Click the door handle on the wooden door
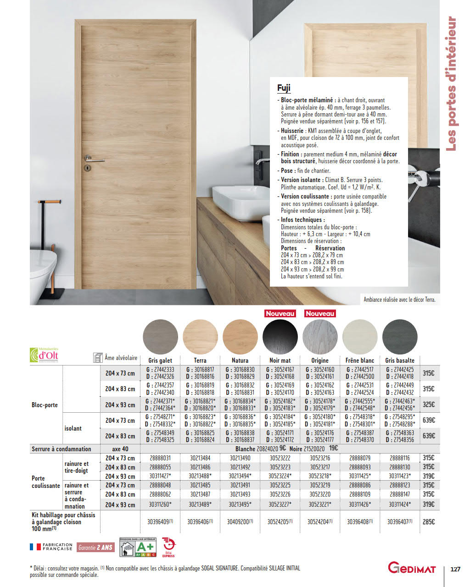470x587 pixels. tap(94, 160)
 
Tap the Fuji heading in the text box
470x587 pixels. tap(284, 88)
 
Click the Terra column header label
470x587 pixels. tap(200, 360)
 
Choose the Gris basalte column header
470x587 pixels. tap(400, 360)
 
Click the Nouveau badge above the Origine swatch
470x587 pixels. tap(320, 314)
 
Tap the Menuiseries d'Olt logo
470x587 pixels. tap(45, 355)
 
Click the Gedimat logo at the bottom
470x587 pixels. tap(412, 568)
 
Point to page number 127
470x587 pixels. tap(455, 569)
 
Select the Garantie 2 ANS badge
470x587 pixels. tap(95, 548)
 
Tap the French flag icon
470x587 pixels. tap(35, 547)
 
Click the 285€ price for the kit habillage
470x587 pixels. tap(428, 522)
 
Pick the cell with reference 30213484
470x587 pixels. tap(200, 458)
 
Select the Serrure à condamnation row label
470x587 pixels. tap(62, 449)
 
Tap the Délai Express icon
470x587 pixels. tap(168, 547)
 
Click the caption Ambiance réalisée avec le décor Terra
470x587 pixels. tap(399, 300)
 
